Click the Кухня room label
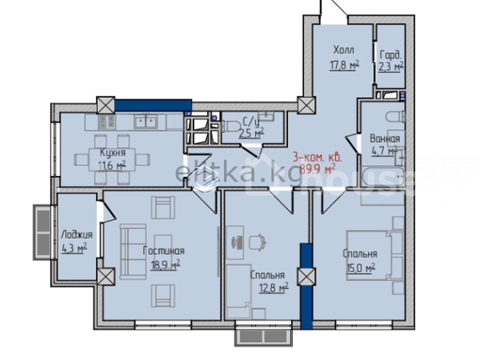click(x=112, y=152)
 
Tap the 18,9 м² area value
click(x=165, y=264)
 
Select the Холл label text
click(x=344, y=50)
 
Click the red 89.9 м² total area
click(x=317, y=169)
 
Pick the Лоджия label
click(x=76, y=235)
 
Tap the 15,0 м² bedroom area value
click(x=360, y=269)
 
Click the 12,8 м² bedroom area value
click(x=274, y=288)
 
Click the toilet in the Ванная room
click(x=396, y=117)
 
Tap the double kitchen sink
click(x=145, y=121)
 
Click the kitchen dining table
click(x=112, y=160)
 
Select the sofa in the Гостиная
click(x=133, y=252)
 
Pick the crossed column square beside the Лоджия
click(x=106, y=277)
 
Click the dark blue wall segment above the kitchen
click(x=153, y=105)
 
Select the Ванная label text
click(x=385, y=139)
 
